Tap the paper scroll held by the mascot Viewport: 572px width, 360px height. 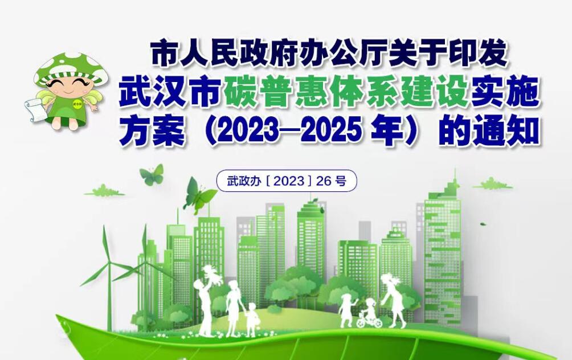coord(34,109)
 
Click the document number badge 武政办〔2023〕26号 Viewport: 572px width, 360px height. coord(287,181)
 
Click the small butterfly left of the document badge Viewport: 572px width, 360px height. coord(152,174)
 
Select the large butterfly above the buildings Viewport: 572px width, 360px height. coord(199,195)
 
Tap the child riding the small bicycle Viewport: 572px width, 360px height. coord(369,314)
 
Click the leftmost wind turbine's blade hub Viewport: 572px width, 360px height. coord(109,263)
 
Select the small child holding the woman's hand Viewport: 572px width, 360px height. coord(251,320)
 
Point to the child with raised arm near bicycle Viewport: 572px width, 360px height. coord(347,310)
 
